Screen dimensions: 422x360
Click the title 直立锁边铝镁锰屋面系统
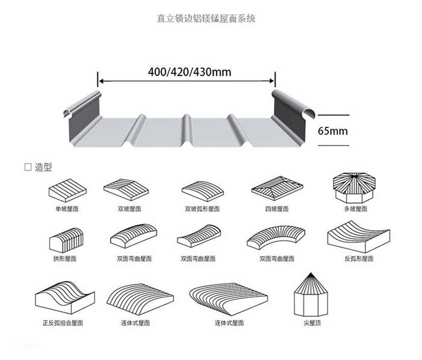[x=206, y=18]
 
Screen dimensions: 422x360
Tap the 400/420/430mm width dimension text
[x=190, y=72]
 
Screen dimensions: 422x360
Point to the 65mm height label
[x=333, y=131]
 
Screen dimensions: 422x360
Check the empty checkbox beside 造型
[x=28, y=167]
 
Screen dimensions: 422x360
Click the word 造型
[x=43, y=167]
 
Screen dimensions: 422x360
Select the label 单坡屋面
[x=67, y=208]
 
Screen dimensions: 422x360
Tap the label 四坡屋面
[x=277, y=208]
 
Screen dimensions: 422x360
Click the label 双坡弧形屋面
[x=202, y=208]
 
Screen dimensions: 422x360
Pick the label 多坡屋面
[x=356, y=208]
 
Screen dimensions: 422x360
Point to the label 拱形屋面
[x=65, y=259]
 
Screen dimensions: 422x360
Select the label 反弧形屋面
[x=359, y=259]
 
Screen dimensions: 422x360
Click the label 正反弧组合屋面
[x=63, y=323]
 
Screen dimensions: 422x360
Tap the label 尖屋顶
[x=312, y=323]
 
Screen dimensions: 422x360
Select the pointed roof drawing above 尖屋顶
[x=311, y=295]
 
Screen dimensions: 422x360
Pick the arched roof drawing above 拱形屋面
[x=66, y=240]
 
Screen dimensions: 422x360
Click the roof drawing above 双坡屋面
[x=126, y=189]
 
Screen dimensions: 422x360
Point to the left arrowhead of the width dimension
[x=101, y=80]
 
